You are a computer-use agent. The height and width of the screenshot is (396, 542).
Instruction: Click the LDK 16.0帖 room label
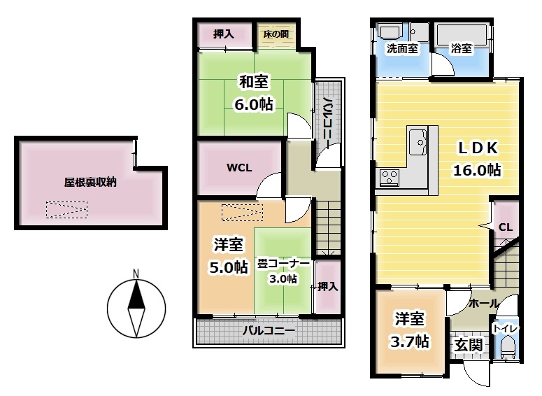478,159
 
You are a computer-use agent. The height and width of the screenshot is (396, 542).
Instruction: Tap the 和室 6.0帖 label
254,93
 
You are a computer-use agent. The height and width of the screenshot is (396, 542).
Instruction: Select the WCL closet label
239,168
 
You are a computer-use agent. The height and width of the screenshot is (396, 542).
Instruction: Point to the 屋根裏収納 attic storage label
90,182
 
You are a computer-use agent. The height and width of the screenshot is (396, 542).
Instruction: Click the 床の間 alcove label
276,34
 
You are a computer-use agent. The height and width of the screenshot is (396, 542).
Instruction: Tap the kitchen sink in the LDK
418,141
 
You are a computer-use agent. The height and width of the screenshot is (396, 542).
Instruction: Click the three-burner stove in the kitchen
390,178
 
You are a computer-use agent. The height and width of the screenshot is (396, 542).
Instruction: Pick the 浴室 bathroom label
461,48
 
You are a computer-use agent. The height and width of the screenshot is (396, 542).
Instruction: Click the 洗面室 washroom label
402,48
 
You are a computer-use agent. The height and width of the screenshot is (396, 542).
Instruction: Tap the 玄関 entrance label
469,345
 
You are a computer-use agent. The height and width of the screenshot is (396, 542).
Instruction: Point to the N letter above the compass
136,274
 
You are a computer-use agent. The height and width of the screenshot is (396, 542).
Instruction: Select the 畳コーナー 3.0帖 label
283,271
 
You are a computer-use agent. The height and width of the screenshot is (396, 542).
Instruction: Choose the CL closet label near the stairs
506,227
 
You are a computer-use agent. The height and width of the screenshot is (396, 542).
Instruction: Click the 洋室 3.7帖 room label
410,330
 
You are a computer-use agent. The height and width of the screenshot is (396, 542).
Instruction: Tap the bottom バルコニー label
269,331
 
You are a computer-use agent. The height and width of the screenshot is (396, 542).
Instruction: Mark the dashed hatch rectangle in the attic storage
66,210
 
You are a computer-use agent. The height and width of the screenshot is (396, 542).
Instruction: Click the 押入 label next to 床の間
224,34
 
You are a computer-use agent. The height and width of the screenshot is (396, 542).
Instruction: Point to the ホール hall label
483,304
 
